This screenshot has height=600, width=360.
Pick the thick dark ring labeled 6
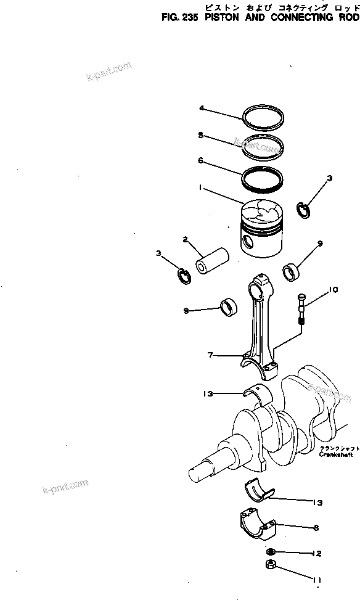coord(263,176)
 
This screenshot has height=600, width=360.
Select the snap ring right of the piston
coord(305,210)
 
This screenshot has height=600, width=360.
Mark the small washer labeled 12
coord(271,553)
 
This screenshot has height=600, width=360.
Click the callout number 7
coord(210,355)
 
